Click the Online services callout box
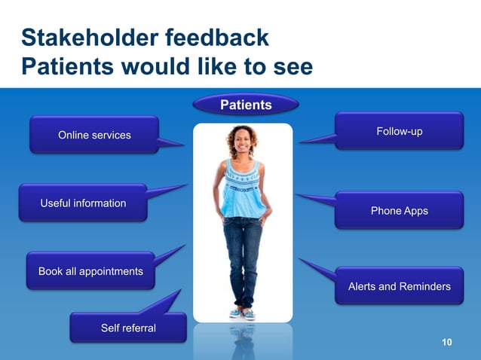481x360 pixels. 94,135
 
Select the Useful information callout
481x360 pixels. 83,203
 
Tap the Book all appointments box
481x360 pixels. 90,271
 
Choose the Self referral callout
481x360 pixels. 128,328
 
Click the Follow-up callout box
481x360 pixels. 399,132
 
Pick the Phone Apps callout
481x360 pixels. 399,211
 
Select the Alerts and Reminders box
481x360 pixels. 399,286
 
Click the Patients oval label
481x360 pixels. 246,105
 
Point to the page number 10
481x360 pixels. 446,343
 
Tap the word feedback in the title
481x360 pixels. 219,38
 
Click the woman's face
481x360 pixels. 243,142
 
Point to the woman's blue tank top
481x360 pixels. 243,188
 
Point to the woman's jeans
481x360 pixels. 243,256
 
